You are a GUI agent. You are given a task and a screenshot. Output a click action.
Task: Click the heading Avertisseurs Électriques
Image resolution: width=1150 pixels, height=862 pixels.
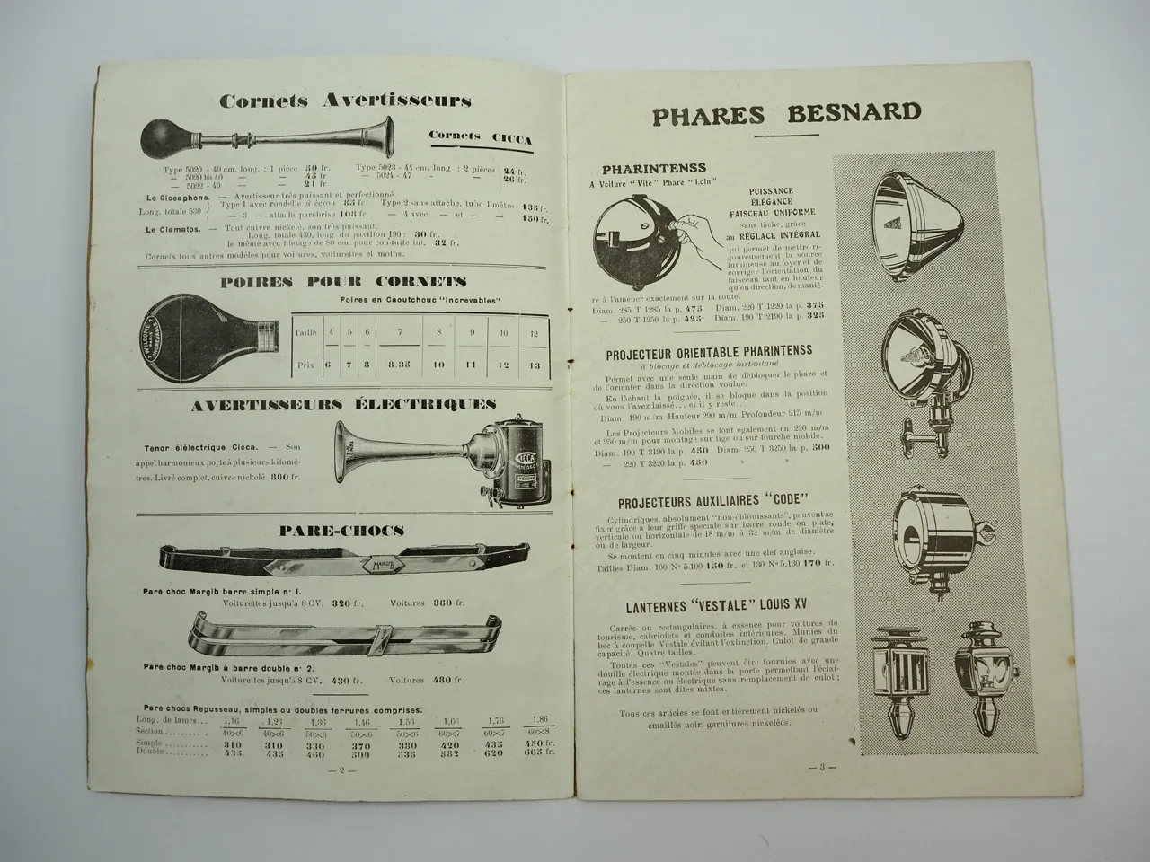pyautogui.click(x=344, y=405)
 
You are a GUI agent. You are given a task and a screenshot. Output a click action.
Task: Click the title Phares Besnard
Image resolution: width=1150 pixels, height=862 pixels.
pyautogui.click(x=786, y=114)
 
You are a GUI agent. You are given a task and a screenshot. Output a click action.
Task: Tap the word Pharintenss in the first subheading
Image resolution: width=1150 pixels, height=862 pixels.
pyautogui.click(x=654, y=167)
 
